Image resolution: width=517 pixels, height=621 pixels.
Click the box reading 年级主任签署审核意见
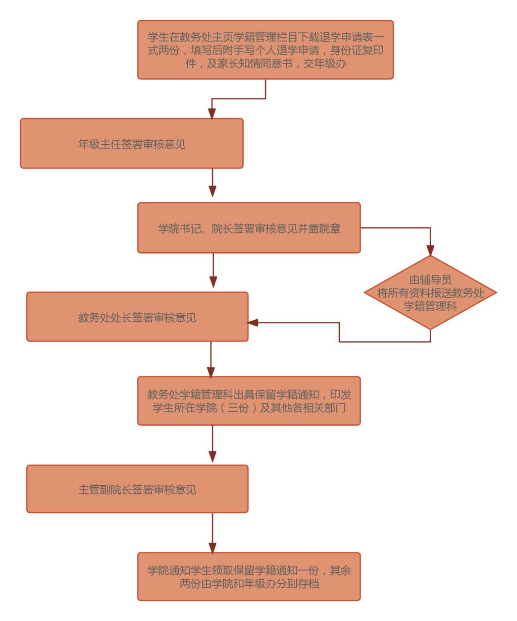tap(132, 143)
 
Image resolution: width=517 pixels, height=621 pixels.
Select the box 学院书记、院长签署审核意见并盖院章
tap(249, 228)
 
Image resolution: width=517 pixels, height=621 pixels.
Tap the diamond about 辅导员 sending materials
tap(430, 293)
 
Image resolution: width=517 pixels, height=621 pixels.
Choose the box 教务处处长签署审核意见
tap(137, 317)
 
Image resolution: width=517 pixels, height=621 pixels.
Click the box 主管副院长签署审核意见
tap(137, 489)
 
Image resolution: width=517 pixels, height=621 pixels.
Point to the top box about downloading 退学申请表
tap(265, 50)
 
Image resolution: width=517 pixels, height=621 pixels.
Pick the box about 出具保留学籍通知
tap(249, 401)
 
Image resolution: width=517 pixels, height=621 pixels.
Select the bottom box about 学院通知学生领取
tap(249, 577)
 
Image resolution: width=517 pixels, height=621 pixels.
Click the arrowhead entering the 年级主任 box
tap(213, 113)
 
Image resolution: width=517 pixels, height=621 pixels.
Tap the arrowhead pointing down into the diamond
tap(430, 251)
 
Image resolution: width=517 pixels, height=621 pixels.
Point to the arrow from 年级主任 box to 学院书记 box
tap(213, 185)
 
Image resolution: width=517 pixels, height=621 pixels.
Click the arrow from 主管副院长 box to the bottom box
tap(213, 532)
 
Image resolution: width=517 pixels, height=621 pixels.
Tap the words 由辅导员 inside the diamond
tap(430, 280)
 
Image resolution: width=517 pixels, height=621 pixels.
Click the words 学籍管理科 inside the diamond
tap(430, 306)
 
